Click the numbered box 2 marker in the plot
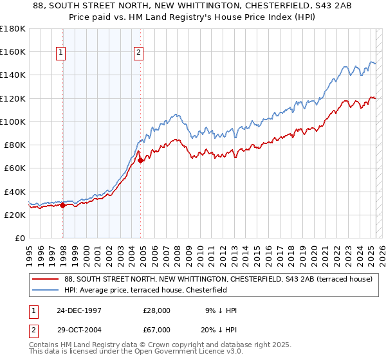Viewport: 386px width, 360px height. point(139,53)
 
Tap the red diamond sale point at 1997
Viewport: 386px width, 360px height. point(63,206)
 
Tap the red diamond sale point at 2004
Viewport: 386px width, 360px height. point(141,160)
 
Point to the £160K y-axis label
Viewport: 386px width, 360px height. point(13,51)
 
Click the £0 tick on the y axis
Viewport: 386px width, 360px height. point(21,239)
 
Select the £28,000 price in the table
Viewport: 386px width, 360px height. point(156,310)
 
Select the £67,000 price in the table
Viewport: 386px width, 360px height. point(156,328)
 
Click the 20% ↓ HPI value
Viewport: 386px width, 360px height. point(218,328)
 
